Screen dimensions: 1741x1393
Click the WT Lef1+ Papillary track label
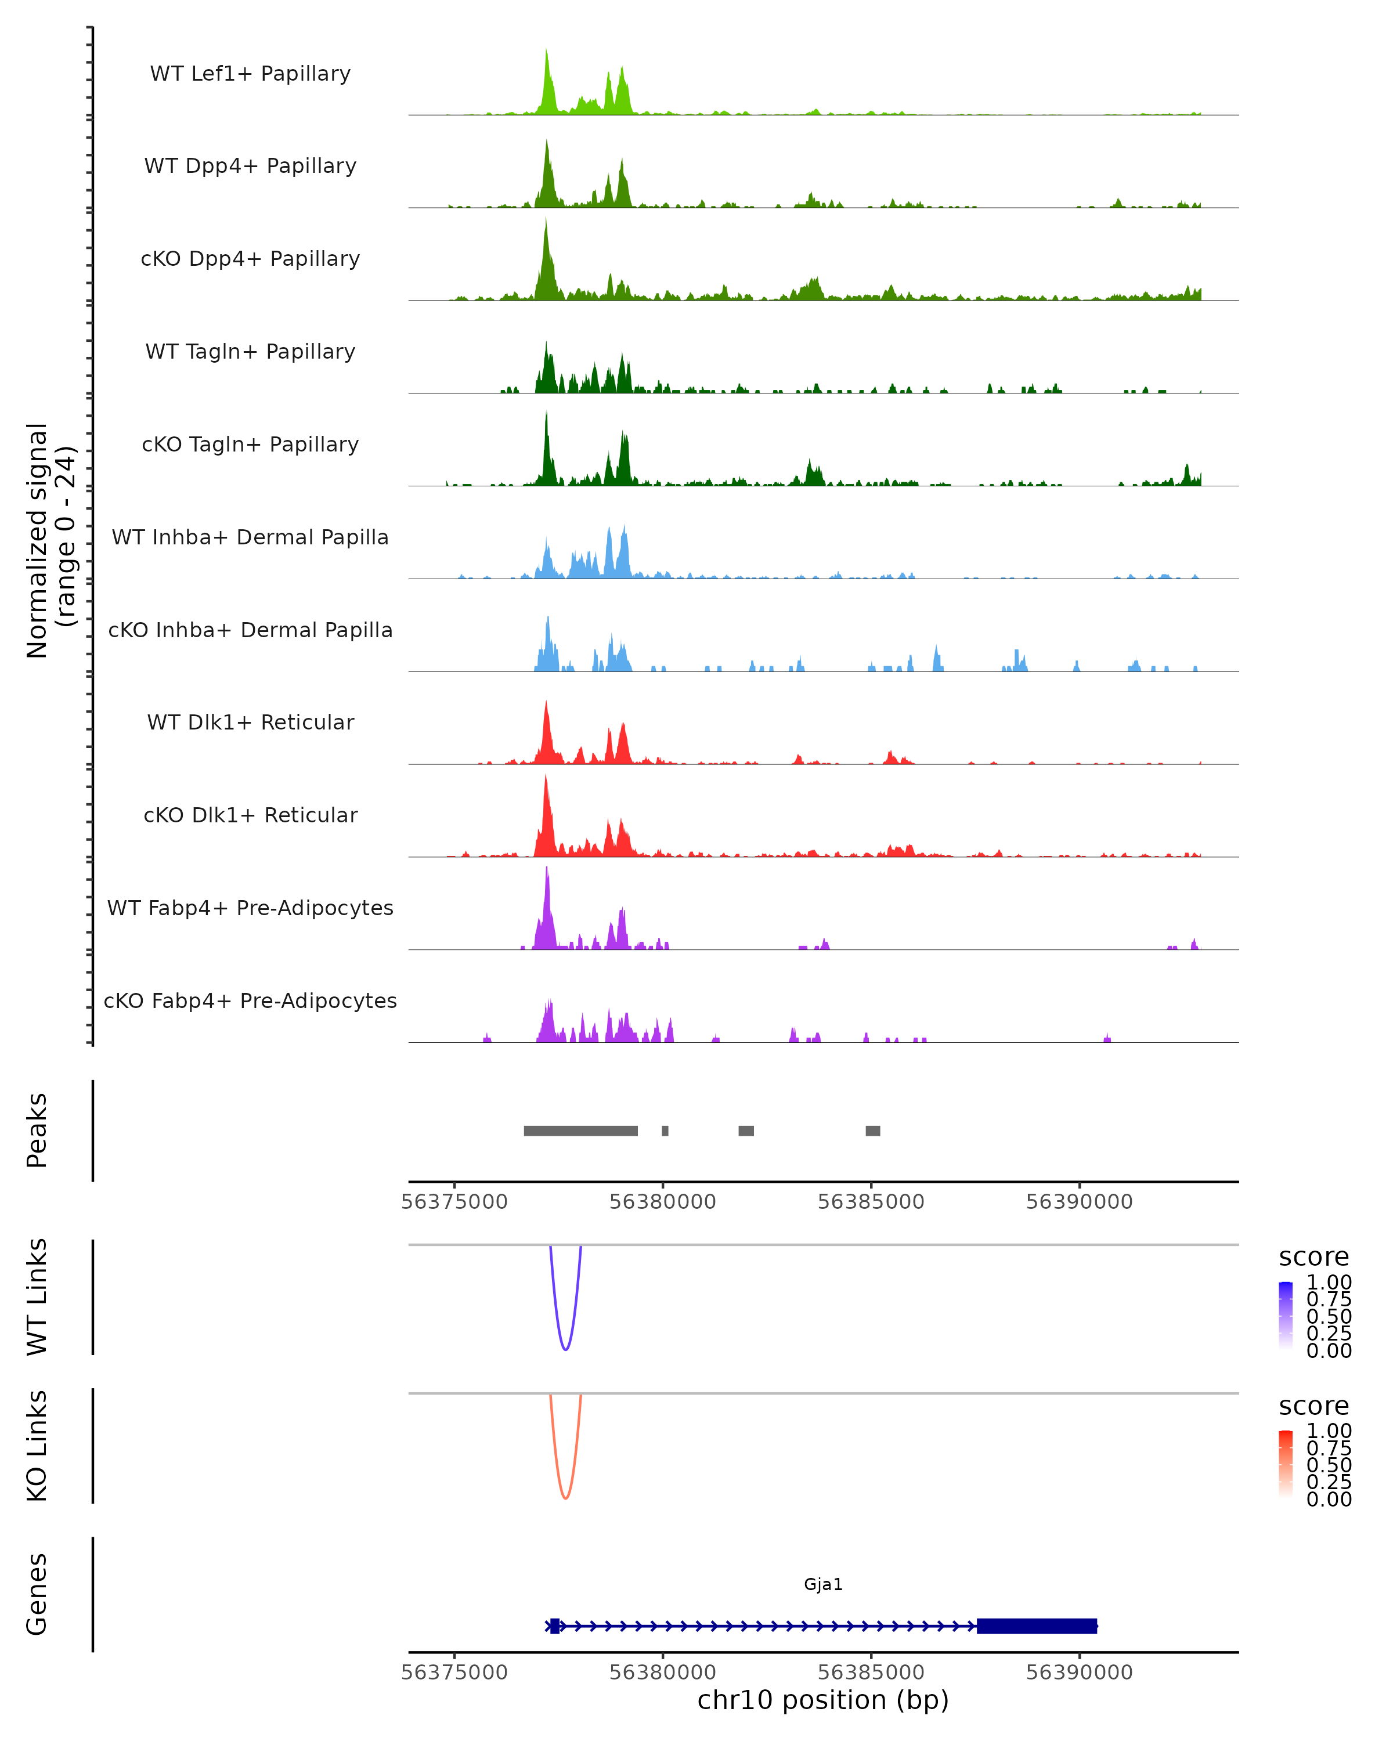[250, 74]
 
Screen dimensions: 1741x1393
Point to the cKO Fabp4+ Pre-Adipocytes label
[250, 1000]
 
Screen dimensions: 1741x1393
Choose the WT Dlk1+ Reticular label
[250, 722]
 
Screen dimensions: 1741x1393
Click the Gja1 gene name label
[823, 1584]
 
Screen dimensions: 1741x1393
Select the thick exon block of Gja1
[1036, 1626]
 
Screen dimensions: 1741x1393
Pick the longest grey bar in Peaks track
[580, 1130]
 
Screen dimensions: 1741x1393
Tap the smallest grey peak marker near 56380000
[665, 1130]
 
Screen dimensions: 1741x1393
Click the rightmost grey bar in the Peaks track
[872, 1130]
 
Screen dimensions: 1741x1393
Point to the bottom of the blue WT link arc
[565, 1349]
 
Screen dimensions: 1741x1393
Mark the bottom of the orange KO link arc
[565, 1498]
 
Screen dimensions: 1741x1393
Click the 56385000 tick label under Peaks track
[871, 1202]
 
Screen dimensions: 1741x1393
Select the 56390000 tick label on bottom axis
[1079, 1673]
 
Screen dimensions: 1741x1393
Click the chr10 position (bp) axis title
[823, 1700]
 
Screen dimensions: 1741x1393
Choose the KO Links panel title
[37, 1446]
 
